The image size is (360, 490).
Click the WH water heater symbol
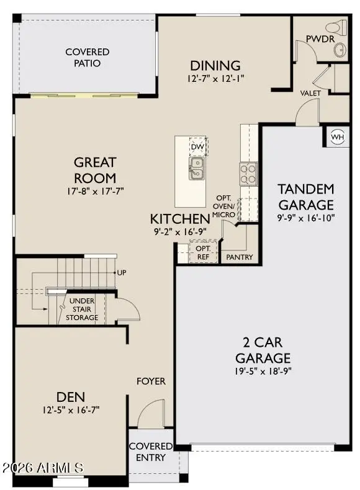337,137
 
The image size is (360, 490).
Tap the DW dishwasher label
197,146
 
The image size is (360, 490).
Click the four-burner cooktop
248,173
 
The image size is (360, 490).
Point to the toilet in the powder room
338,28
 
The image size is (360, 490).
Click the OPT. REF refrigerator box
202,253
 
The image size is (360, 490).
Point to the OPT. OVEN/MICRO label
223,206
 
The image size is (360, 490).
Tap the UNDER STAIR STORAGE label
82,309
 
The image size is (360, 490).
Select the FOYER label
151,381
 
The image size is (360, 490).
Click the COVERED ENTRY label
151,452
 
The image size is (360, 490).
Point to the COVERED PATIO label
88,58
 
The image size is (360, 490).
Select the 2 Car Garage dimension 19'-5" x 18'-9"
263,372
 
